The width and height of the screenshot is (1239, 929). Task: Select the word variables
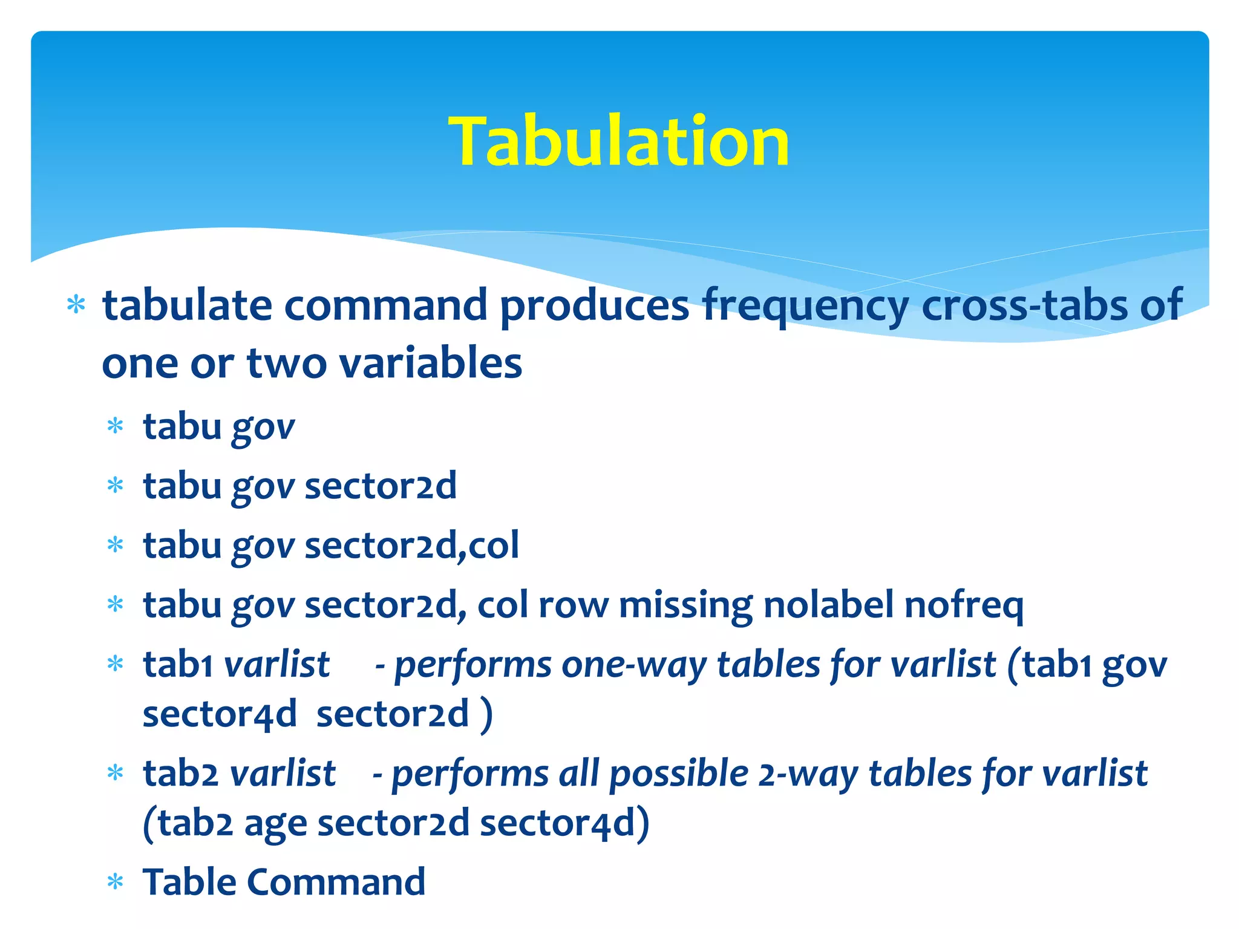pos(430,363)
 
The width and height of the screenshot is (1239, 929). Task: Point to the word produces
pos(594,305)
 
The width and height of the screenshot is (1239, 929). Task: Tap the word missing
pos(685,605)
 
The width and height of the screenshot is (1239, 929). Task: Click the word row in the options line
pos(573,605)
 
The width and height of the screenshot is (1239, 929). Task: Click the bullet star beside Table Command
pos(115,882)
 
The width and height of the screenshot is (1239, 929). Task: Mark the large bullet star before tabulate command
pos(76,305)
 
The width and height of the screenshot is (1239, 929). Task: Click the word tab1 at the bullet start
pos(177,664)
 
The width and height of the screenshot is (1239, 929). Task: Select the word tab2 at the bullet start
pos(180,774)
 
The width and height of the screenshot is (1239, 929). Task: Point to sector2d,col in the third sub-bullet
pos(411,546)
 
